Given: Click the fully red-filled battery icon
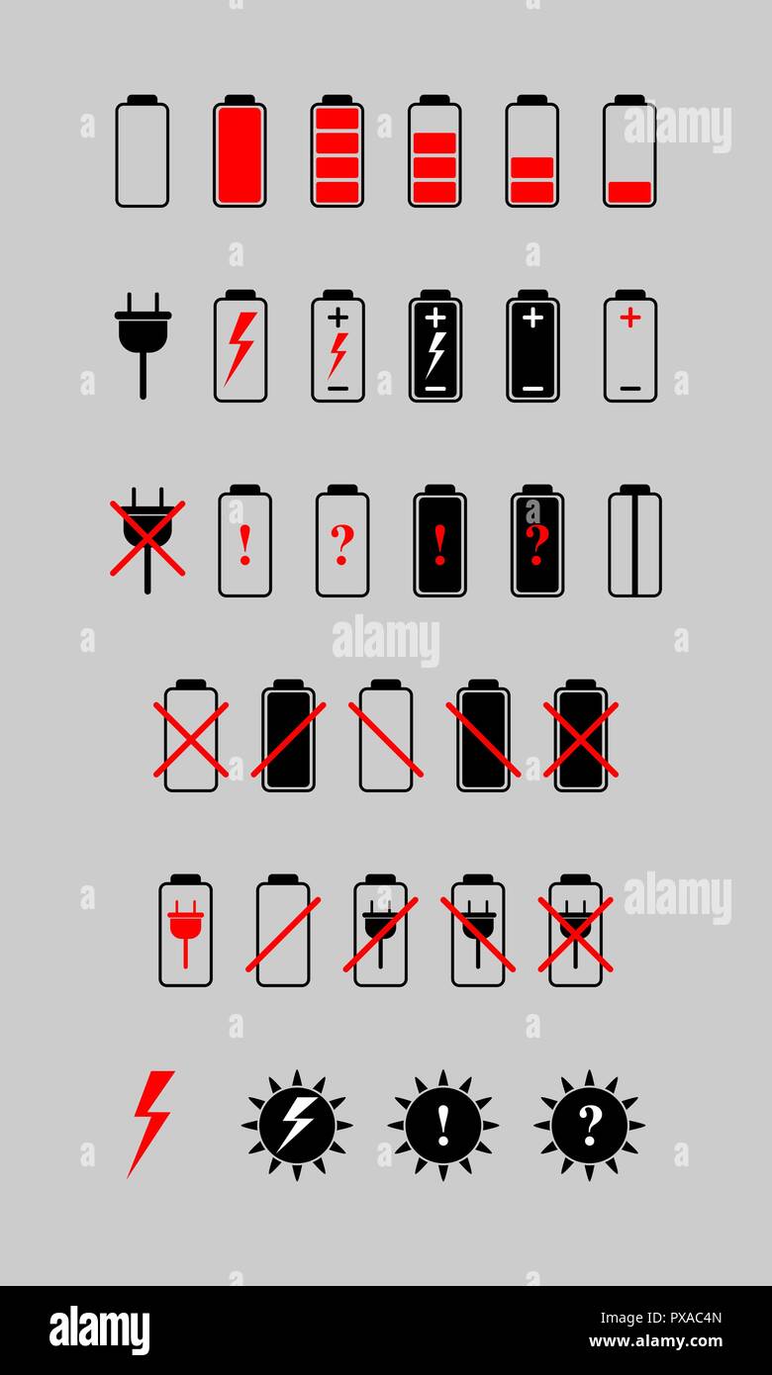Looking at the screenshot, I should coord(240,152).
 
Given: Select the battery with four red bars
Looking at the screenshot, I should coord(337,152).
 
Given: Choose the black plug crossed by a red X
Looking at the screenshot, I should coord(146,538).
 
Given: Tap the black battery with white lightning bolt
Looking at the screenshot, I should coord(435,347).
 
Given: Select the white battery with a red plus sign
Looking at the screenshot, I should coord(630,347).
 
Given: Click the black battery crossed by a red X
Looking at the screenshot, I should coord(580,737).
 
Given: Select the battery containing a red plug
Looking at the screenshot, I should coord(185,931).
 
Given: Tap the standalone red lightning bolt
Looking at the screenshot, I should coord(150,1123).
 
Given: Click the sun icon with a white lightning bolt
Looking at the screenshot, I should coord(297,1125).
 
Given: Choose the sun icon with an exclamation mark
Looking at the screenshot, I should coord(443,1125).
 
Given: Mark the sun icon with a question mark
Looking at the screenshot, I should coord(590,1125).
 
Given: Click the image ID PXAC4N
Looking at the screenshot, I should coord(683,1318).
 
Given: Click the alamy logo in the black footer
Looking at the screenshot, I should coord(100,1329).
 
